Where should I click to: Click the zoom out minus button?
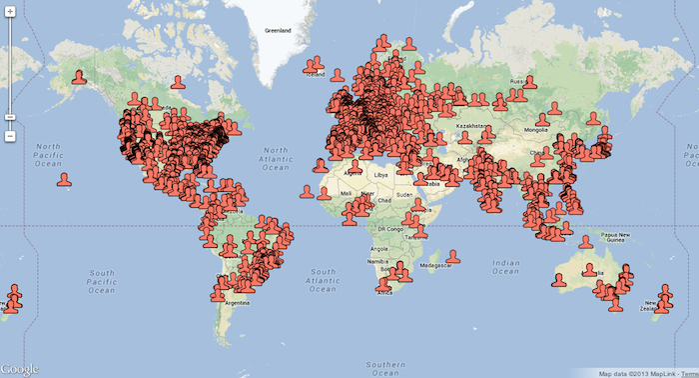(10, 135)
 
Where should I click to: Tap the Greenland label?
(276, 31)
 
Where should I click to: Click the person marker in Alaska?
(78, 75)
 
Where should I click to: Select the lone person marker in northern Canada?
(177, 82)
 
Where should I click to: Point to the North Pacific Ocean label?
(48, 151)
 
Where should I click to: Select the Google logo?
(21, 369)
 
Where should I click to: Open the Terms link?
(688, 373)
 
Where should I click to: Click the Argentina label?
(236, 301)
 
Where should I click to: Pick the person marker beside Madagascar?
(452, 257)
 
